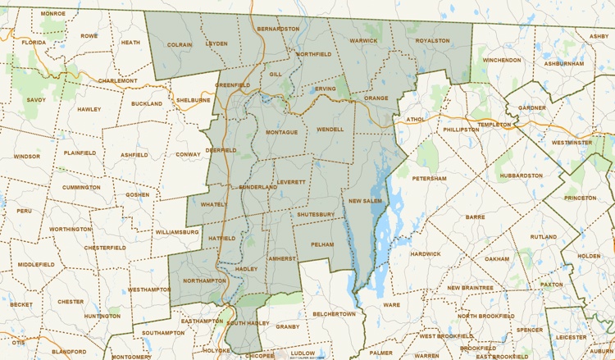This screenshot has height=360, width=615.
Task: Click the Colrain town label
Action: (179, 44)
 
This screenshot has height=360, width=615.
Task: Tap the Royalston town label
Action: (433, 39)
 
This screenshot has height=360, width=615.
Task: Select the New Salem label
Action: (366, 201)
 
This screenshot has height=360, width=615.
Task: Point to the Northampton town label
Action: (205, 280)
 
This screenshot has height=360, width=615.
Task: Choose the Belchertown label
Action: (335, 313)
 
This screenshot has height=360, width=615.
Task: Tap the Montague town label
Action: (281, 132)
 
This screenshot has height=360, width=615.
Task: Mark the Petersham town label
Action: (429, 178)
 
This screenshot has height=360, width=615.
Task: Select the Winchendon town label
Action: (502, 60)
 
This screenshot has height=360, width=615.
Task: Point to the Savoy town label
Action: (36, 99)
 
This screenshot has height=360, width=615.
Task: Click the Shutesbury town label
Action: (316, 214)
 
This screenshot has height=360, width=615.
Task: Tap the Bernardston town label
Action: (278, 29)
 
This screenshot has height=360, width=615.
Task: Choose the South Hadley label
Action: (248, 323)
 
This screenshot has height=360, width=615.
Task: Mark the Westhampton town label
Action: (149, 289)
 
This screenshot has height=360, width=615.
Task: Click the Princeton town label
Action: (581, 198)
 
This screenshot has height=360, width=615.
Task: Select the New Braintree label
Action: (470, 288)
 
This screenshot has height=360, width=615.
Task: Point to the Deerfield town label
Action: (221, 150)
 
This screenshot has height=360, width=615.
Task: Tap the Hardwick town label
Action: (426, 253)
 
